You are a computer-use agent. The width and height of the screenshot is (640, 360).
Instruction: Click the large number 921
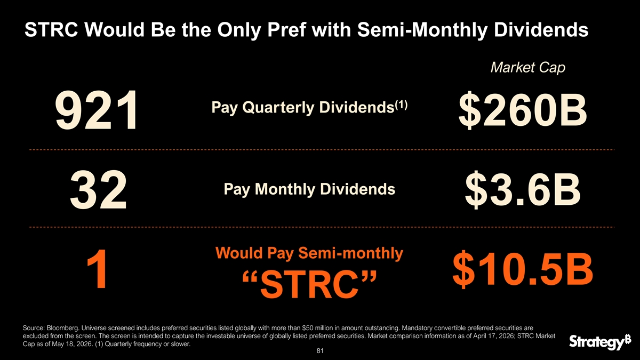click(97, 110)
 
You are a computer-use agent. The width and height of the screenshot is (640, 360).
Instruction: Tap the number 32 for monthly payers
click(98, 190)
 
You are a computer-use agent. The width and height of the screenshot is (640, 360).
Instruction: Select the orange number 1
click(98, 269)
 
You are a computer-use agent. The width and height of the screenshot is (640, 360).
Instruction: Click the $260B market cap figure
click(523, 110)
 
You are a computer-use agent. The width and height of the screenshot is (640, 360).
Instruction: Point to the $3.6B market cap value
click(523, 189)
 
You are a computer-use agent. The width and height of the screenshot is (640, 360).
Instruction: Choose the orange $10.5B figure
click(523, 269)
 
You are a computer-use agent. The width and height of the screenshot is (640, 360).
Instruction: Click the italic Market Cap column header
click(527, 68)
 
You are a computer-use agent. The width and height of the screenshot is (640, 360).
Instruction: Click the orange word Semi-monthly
click(350, 253)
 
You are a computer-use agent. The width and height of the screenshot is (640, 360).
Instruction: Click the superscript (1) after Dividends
click(401, 105)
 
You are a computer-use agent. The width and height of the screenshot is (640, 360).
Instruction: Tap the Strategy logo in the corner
click(599, 341)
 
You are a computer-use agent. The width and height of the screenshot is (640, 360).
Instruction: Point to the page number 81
click(320, 350)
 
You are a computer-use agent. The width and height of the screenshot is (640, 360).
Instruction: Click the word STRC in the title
click(51, 30)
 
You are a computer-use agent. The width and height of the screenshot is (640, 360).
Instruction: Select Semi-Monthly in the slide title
click(422, 30)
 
